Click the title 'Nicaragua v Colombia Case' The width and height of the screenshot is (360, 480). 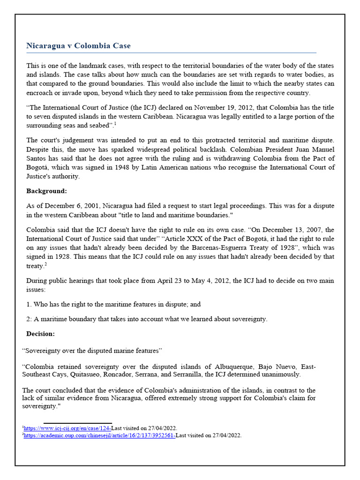(x=78, y=46)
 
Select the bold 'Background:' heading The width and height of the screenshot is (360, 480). (x=47, y=191)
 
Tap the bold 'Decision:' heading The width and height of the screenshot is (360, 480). (x=41, y=334)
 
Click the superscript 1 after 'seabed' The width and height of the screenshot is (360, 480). (x=115, y=124)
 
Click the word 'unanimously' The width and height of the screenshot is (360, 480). (x=277, y=375)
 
